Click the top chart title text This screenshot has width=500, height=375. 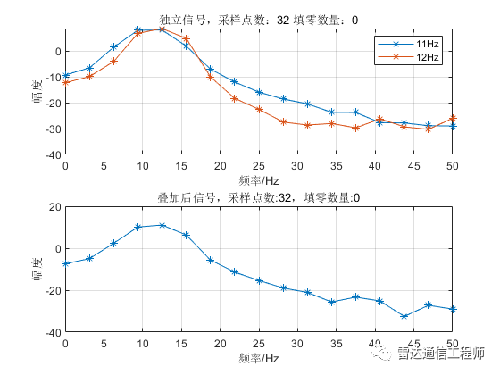pos(258,18)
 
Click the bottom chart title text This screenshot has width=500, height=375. pos(258,197)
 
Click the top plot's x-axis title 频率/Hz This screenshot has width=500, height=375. pos(258,179)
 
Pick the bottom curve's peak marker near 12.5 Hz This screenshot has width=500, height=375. pos(162,225)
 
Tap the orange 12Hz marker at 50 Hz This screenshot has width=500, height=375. pos(453,118)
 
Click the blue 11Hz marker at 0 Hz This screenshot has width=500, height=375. pos(65,76)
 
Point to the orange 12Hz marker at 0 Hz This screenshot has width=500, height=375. pos(65,82)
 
